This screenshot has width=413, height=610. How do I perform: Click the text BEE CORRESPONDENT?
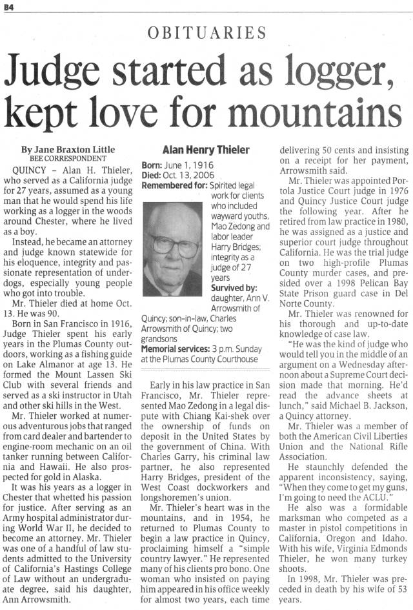[x=68, y=158]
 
